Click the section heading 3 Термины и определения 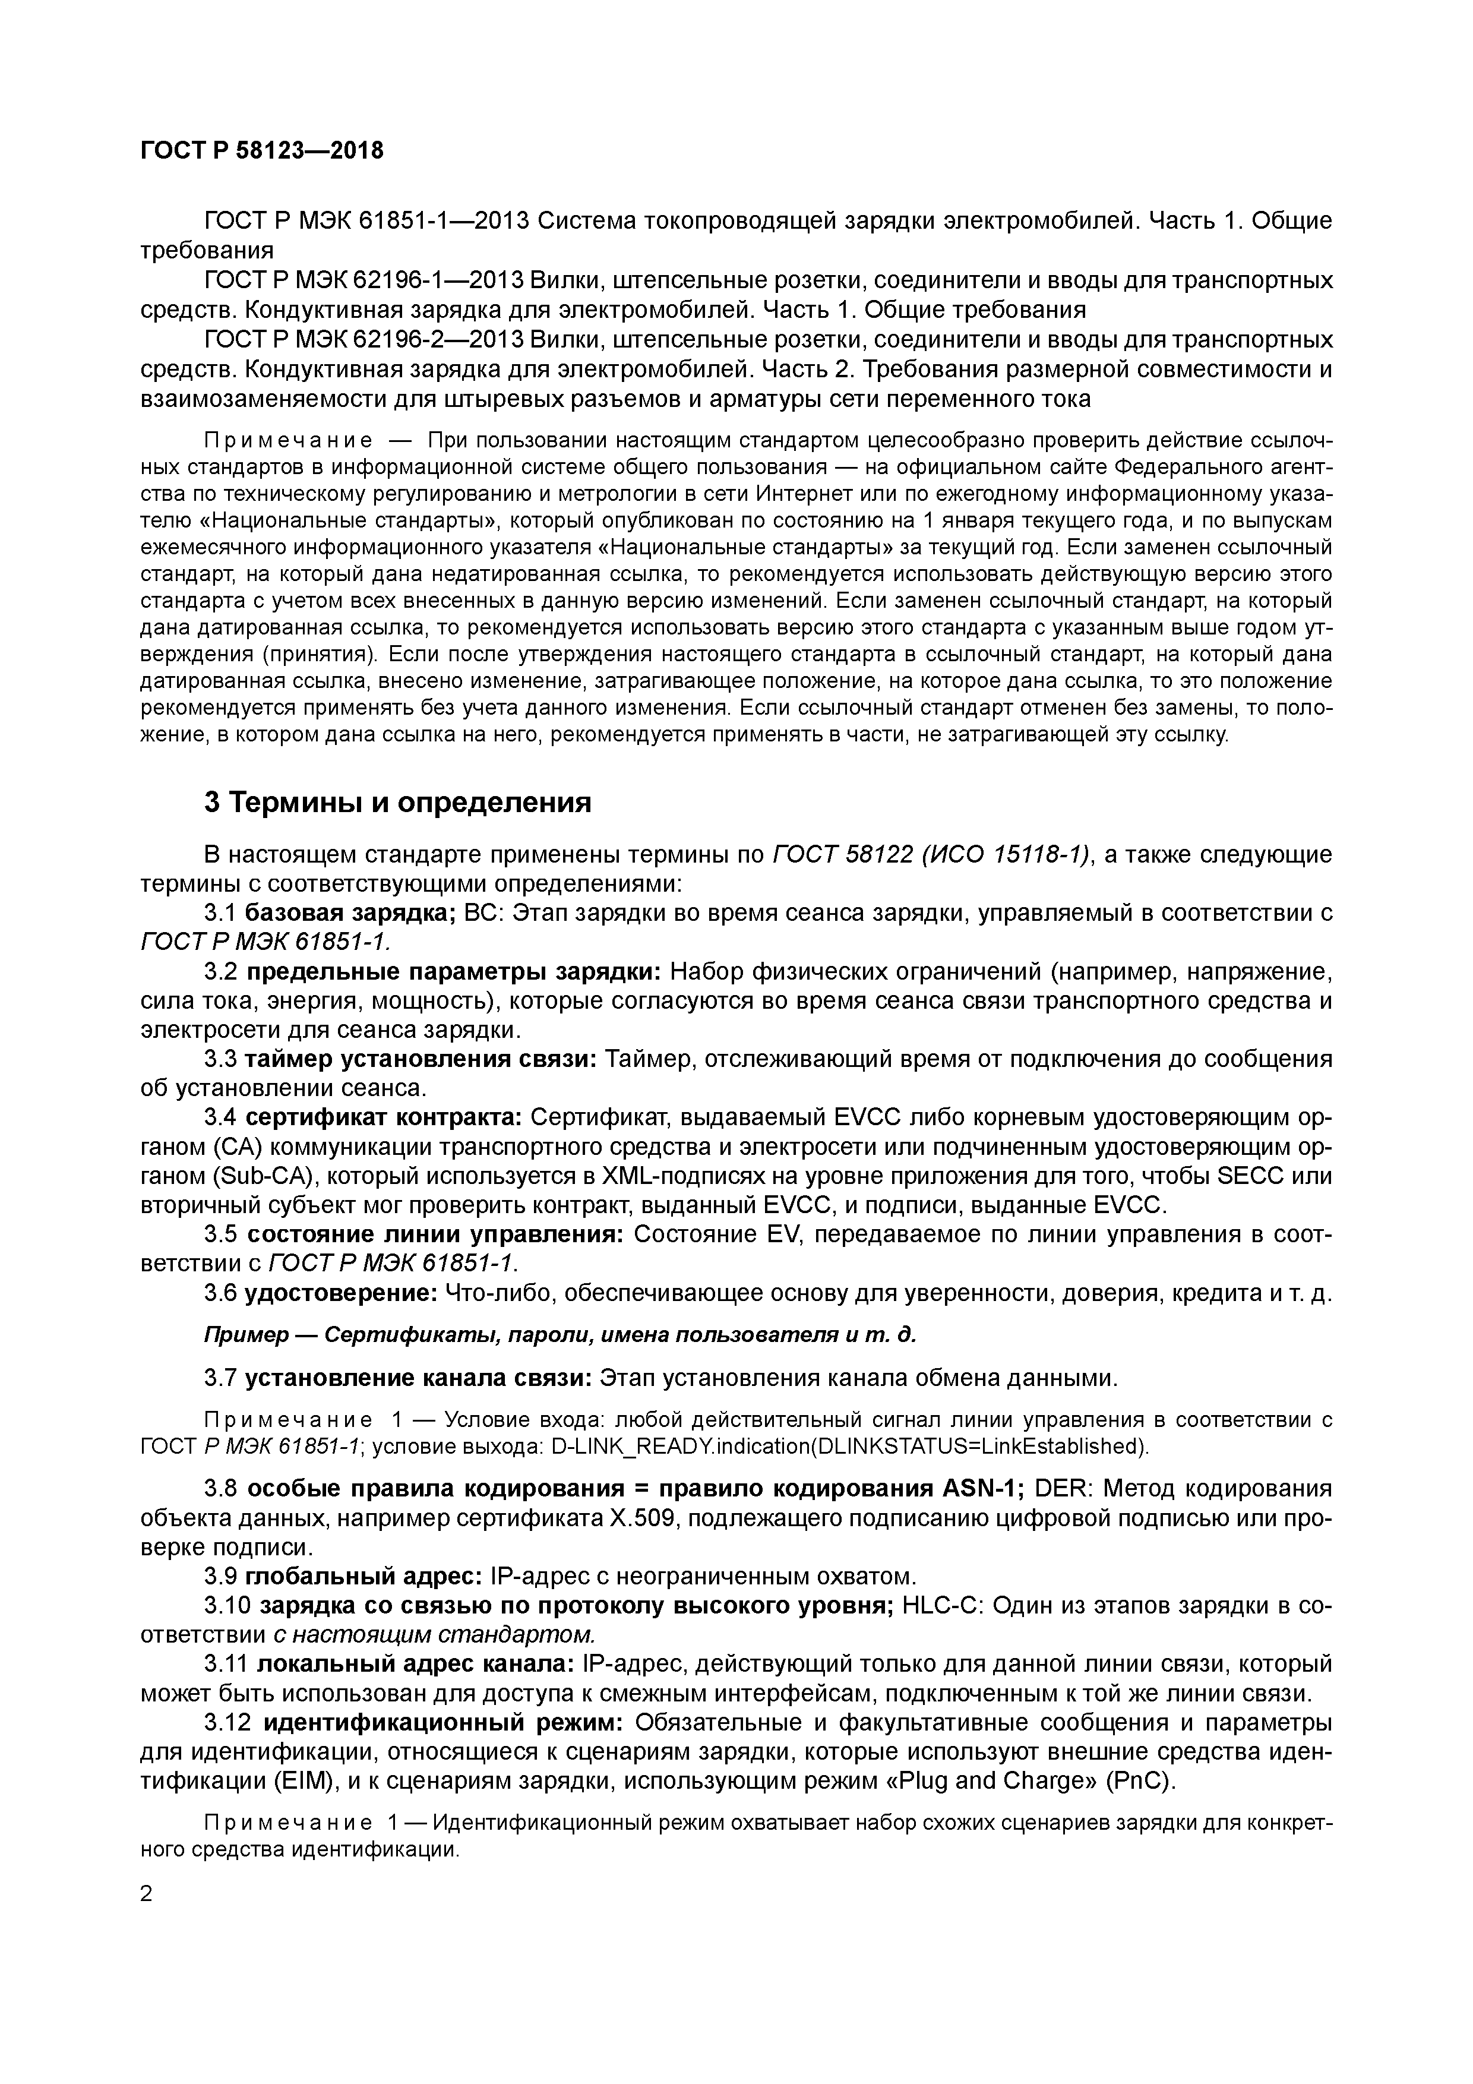point(397,803)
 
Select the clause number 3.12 point(229,1723)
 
